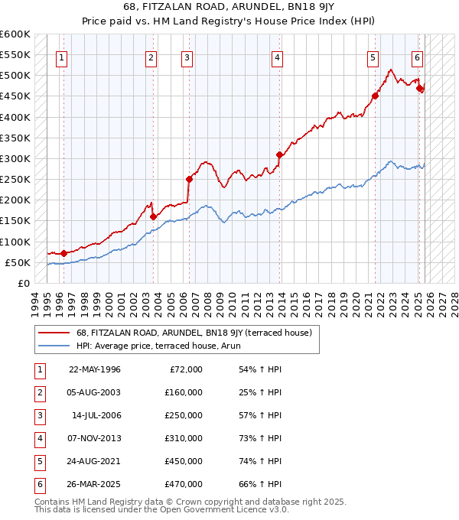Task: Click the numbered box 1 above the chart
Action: click(x=61, y=57)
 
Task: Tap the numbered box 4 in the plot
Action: click(x=277, y=57)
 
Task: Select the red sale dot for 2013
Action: click(x=279, y=154)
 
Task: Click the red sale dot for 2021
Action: click(x=375, y=96)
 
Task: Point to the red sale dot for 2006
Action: click(x=189, y=179)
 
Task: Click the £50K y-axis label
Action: click(x=18, y=262)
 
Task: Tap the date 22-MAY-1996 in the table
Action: click(x=95, y=369)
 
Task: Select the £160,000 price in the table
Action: click(x=184, y=392)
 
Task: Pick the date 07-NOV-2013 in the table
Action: click(x=95, y=438)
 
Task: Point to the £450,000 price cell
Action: click(x=184, y=461)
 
